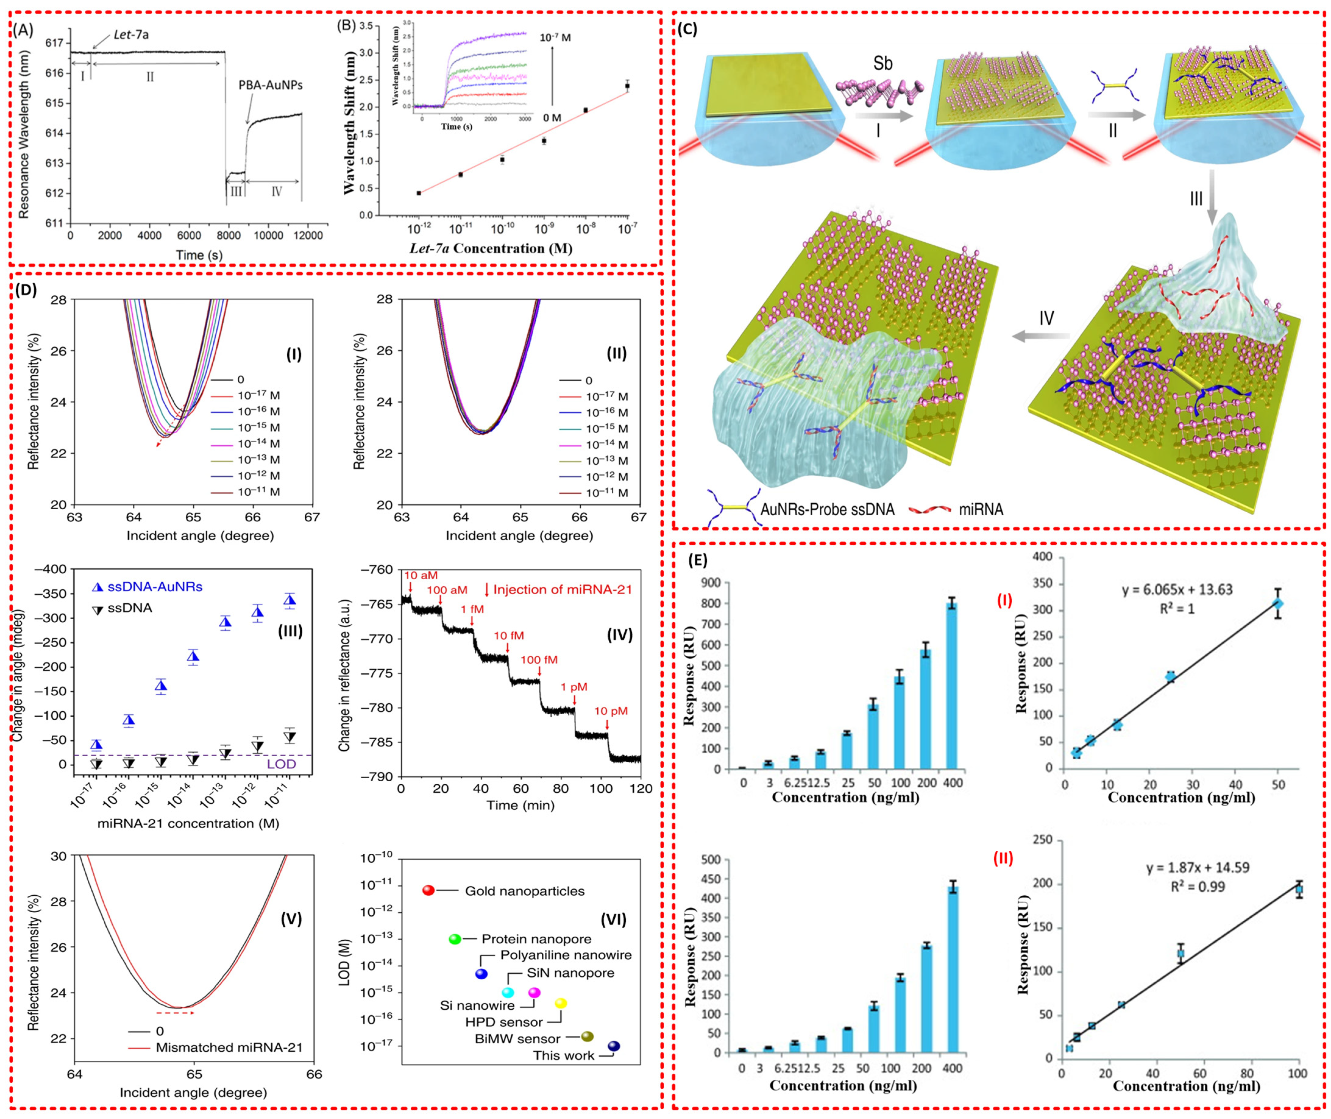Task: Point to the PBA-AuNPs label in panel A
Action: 271,84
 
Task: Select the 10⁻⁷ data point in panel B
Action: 627,86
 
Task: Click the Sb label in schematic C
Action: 882,63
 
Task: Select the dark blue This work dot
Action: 614,1046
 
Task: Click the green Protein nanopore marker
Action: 454,939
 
